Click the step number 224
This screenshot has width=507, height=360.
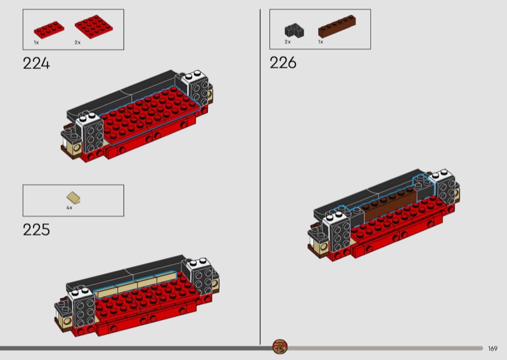pyautogui.click(x=36, y=63)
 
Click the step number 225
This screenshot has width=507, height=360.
pyautogui.click(x=36, y=229)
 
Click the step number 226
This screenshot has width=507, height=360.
pyautogui.click(x=283, y=62)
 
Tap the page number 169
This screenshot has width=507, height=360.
pyautogui.click(x=492, y=349)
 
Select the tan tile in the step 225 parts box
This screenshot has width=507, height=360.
pyautogui.click(x=74, y=198)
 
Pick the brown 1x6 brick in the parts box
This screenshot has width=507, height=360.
pyautogui.click(x=337, y=26)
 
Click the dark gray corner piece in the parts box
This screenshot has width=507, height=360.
pyautogui.click(x=294, y=30)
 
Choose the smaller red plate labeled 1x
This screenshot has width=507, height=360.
pyautogui.click(x=49, y=30)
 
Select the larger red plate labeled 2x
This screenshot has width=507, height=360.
pyautogui.click(x=94, y=27)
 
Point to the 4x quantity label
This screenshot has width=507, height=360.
pyautogui.click(x=69, y=208)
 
